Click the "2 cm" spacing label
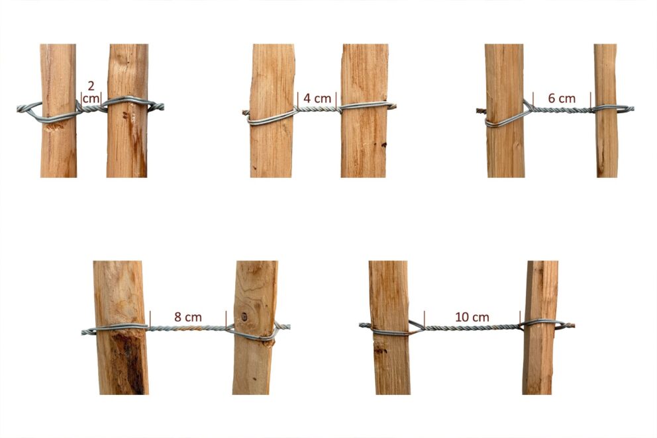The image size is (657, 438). click(91, 92)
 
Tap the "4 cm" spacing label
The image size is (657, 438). click(317, 99)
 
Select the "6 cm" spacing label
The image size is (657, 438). click(562, 99)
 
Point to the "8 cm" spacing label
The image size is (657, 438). click(188, 317)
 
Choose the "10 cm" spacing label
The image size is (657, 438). click(472, 317)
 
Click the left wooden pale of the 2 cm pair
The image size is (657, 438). click(58, 110)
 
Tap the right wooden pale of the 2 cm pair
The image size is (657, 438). click(127, 110)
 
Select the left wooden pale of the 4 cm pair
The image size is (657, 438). click(272, 110)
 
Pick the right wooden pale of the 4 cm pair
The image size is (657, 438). click(364, 110)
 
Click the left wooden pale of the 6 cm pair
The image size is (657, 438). click(505, 110)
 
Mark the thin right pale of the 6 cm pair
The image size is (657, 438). click(606, 110)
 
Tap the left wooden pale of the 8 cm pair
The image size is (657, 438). click(121, 328)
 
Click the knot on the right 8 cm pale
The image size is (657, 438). click(244, 317)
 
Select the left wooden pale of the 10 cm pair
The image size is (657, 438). click(389, 328)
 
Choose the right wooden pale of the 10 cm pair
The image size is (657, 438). click(540, 328)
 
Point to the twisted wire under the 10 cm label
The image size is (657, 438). click(472, 328)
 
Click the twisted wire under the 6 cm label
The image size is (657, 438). click(562, 110)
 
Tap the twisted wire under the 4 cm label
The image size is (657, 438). click(317, 109)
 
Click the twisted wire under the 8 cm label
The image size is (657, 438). click(188, 328)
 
